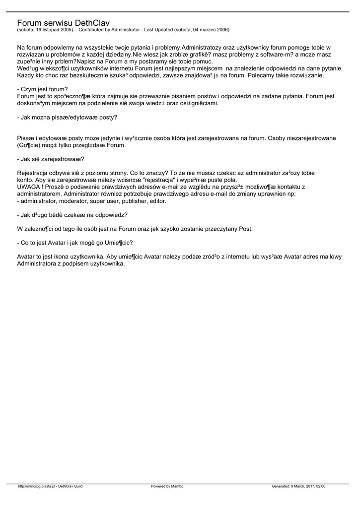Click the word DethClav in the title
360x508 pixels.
(x=93, y=23)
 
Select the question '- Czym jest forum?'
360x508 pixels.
(x=42, y=89)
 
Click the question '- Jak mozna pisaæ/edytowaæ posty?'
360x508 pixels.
(x=67, y=118)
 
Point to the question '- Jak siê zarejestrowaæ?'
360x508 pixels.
(x=50, y=159)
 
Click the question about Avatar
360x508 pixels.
(x=74, y=243)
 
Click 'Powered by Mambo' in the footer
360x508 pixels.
(x=167, y=486)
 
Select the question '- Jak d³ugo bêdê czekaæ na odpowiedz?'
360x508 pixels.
(x=72, y=215)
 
